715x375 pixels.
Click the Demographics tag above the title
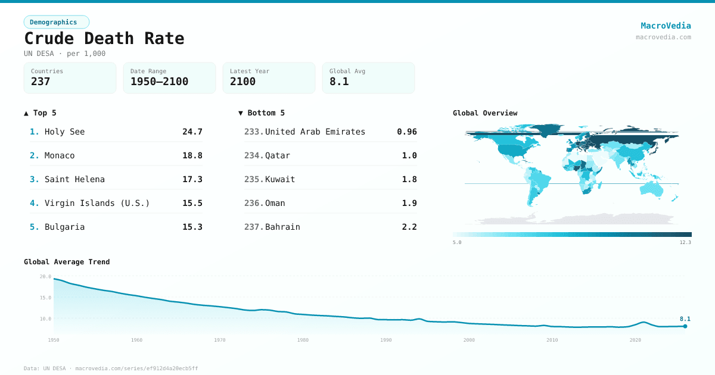(x=56, y=22)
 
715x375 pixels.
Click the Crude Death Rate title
(x=104, y=39)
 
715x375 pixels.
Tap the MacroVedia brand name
(x=666, y=26)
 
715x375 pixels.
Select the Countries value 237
(x=41, y=82)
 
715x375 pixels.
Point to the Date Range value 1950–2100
(x=159, y=82)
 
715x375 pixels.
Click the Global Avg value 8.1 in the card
(x=339, y=82)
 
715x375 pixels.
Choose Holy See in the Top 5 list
(x=64, y=132)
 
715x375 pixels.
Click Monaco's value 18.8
(x=192, y=155)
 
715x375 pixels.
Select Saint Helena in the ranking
(x=74, y=179)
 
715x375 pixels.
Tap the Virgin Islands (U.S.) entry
(x=97, y=203)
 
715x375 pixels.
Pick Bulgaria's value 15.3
(x=192, y=227)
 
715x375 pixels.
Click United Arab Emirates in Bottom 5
(x=315, y=132)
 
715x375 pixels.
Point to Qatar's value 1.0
(x=409, y=155)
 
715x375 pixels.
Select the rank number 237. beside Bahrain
(x=253, y=227)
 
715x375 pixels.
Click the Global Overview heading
(x=485, y=113)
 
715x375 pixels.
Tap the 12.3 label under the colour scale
(x=685, y=242)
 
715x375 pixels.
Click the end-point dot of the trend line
(x=685, y=326)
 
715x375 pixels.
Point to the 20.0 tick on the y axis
(x=45, y=277)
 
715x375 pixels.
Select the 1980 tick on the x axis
(x=303, y=340)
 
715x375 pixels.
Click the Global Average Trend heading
(x=67, y=262)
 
